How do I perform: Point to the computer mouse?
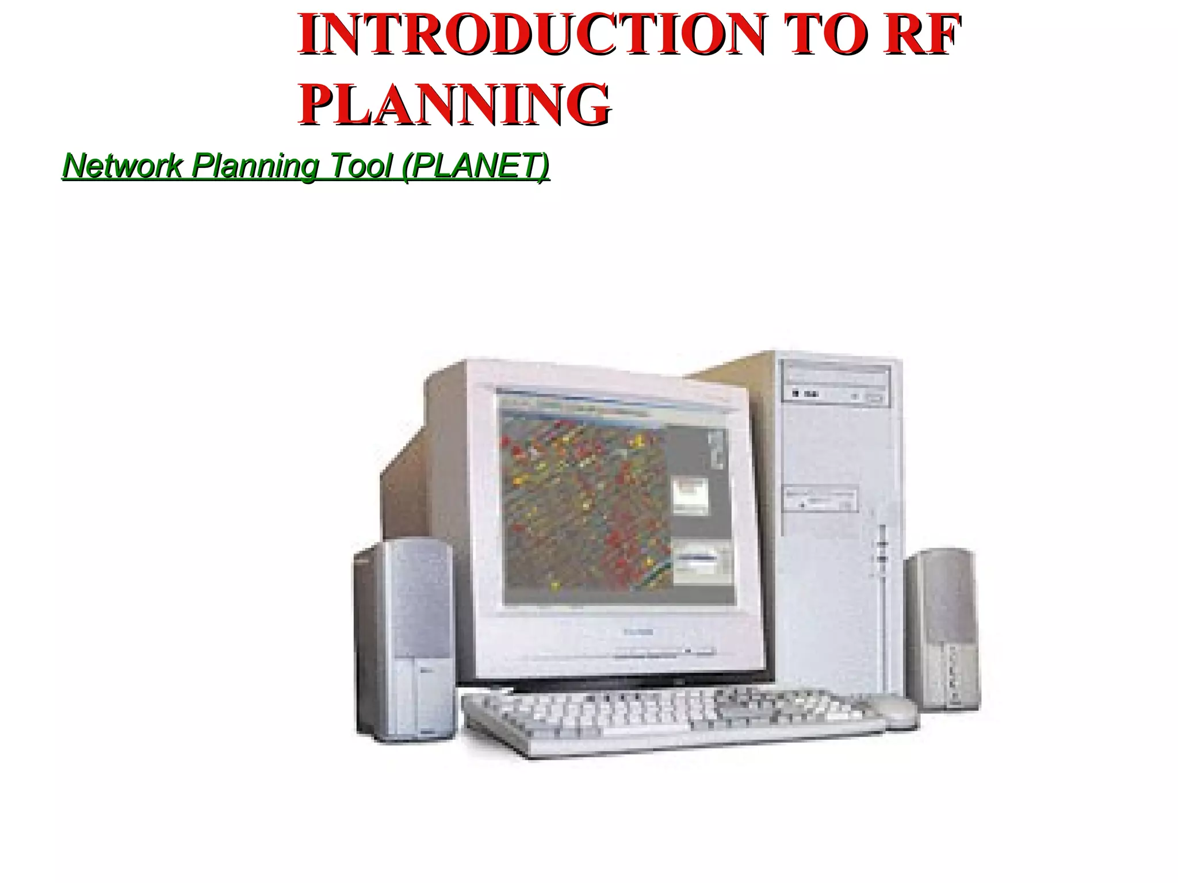point(893,708)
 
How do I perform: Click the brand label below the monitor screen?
point(638,632)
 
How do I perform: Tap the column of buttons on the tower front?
point(882,552)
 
